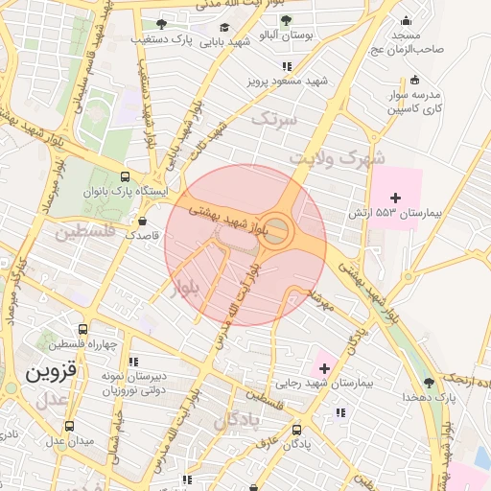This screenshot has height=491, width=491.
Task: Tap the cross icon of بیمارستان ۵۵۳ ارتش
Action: point(395,197)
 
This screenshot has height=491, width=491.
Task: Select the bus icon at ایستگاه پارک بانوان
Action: point(125,176)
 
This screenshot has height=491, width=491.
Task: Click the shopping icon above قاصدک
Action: point(142,221)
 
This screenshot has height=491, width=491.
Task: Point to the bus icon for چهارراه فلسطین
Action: point(83,328)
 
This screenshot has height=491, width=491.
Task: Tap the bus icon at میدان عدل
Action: point(68,426)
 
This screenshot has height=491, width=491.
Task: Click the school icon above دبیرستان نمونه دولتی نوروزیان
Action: point(133,362)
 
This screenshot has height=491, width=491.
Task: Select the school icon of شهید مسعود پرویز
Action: point(286,66)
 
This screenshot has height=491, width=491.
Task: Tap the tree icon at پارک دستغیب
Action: point(161,24)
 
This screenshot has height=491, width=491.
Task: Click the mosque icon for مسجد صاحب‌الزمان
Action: point(406,20)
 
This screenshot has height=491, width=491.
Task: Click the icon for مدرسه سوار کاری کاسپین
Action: point(413,81)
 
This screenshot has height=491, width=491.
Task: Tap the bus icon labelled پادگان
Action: point(296,430)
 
